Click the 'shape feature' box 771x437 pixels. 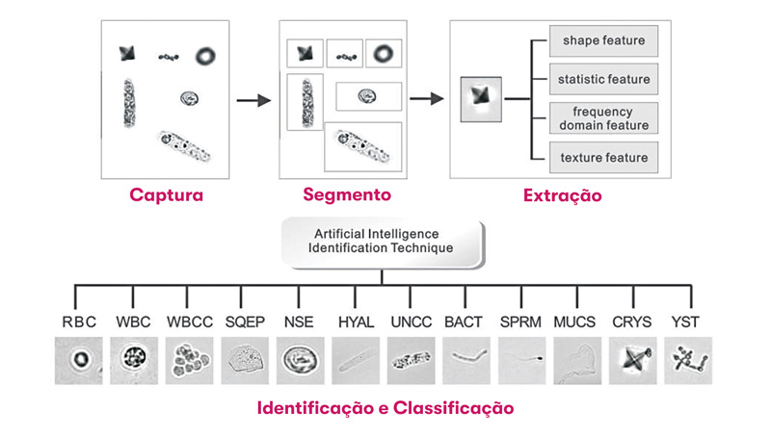[x=603, y=40]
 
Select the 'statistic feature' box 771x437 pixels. [x=603, y=79]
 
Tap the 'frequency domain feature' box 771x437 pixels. [x=603, y=117]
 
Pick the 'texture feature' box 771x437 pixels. [x=603, y=157]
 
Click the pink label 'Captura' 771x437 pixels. [x=167, y=195]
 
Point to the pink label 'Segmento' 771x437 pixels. [x=347, y=194]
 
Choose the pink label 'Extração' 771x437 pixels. [x=562, y=195]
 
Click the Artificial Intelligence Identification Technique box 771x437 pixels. [x=383, y=241]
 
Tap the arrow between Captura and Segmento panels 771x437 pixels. [x=253, y=98]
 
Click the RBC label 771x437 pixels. [x=80, y=321]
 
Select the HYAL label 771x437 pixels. [x=357, y=321]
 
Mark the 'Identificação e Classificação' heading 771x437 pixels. [x=385, y=408]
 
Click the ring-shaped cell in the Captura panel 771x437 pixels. [x=207, y=55]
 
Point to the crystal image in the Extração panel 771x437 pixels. [x=482, y=97]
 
